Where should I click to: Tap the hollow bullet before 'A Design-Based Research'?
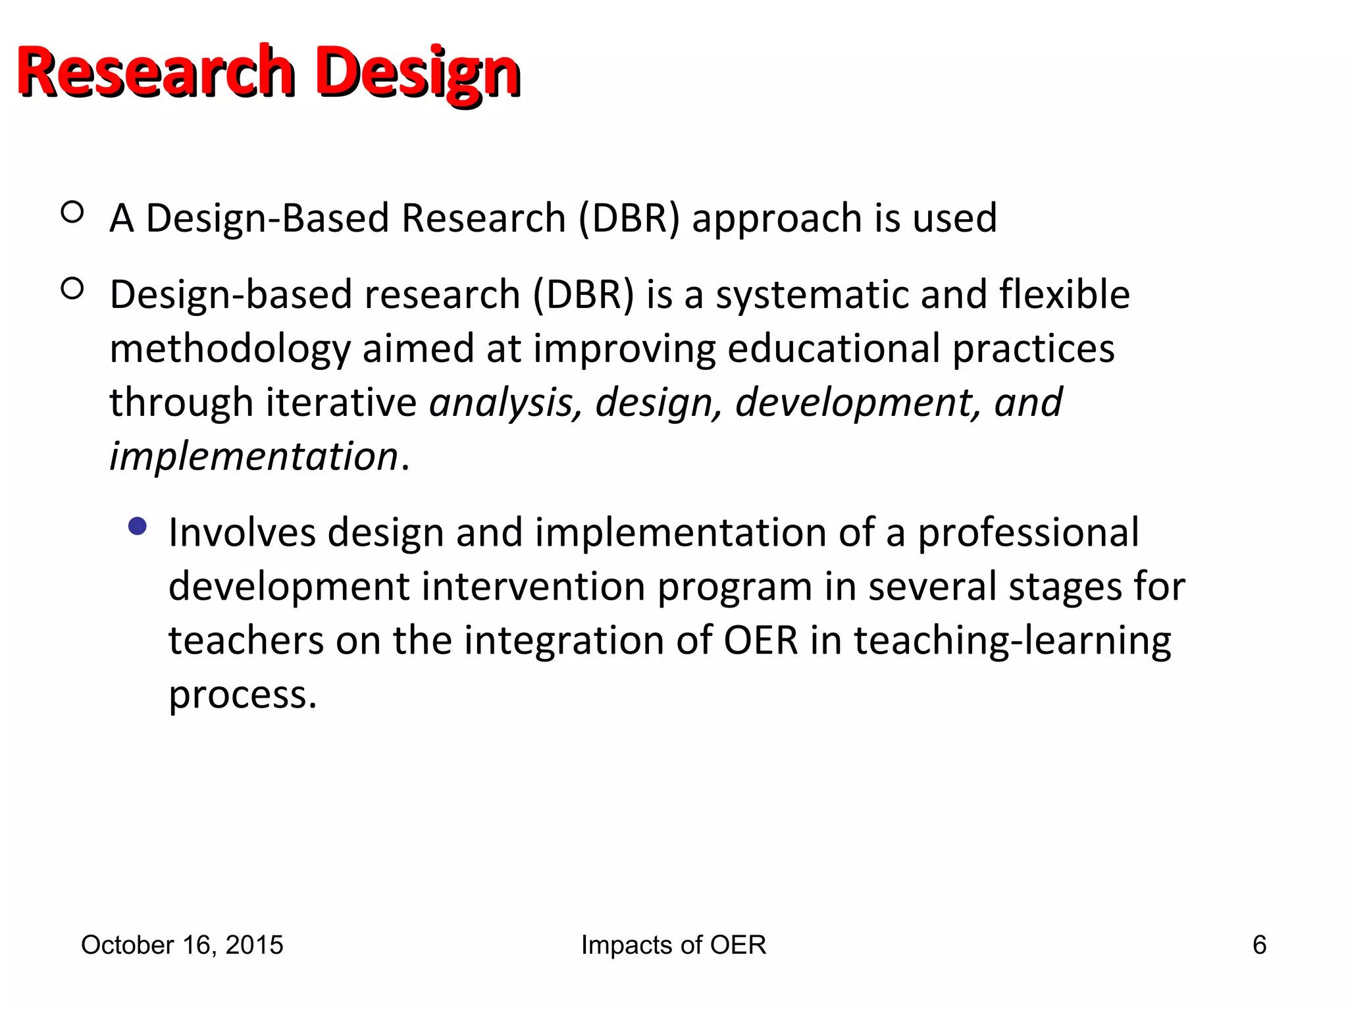[x=72, y=212]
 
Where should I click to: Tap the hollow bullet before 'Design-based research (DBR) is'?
[x=72, y=289]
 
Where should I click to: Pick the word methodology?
[x=230, y=349]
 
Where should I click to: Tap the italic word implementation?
[x=254, y=456]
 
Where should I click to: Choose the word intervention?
[x=533, y=586]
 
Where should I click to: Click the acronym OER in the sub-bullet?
[x=760, y=640]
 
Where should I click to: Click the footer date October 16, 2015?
[x=182, y=945]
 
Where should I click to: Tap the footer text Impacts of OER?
[x=673, y=945]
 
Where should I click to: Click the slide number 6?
[x=1259, y=945]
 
